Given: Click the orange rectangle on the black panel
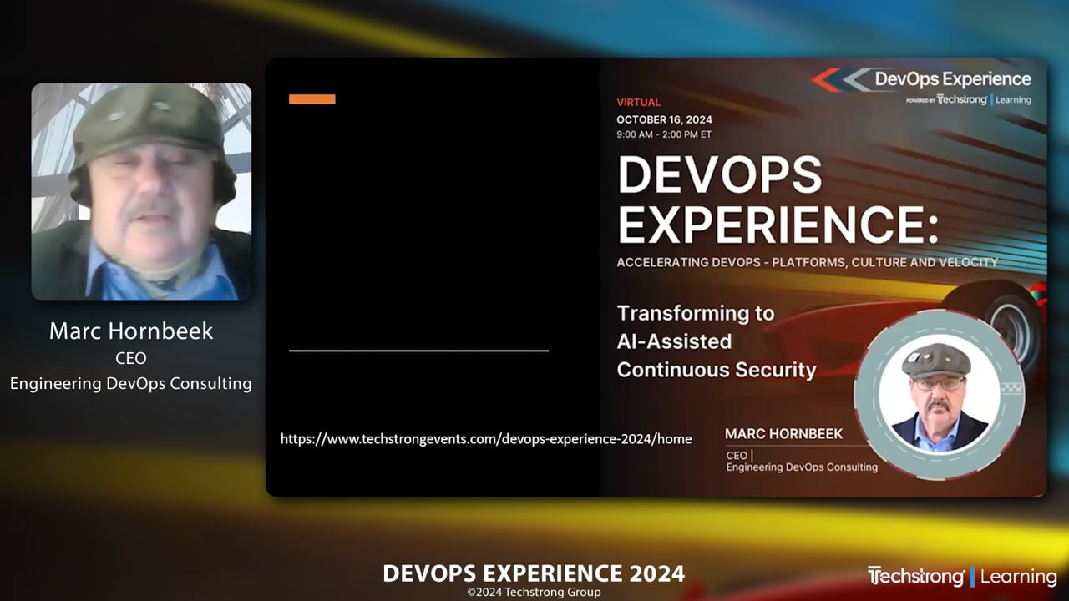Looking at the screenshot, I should [312, 99].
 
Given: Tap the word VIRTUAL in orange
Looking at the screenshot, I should [638, 103].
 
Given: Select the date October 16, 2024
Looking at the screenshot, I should [664, 119].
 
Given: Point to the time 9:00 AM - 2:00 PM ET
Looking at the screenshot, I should [664, 134].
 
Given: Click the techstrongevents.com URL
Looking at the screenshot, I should [486, 438].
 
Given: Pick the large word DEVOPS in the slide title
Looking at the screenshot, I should [720, 176].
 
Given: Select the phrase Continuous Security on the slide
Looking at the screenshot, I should [716, 369].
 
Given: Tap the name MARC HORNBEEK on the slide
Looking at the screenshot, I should [783, 434].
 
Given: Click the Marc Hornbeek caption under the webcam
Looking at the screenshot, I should [131, 331].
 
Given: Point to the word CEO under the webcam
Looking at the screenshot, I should [130, 359].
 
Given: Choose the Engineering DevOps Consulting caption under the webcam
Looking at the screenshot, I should [131, 383].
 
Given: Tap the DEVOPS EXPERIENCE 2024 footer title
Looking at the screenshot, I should [534, 573].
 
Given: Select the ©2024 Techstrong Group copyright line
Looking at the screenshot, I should [534, 593].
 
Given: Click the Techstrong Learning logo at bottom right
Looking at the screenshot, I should [962, 576].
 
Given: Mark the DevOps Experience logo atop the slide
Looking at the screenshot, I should [923, 81].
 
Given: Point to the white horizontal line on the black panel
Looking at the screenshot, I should [418, 351].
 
